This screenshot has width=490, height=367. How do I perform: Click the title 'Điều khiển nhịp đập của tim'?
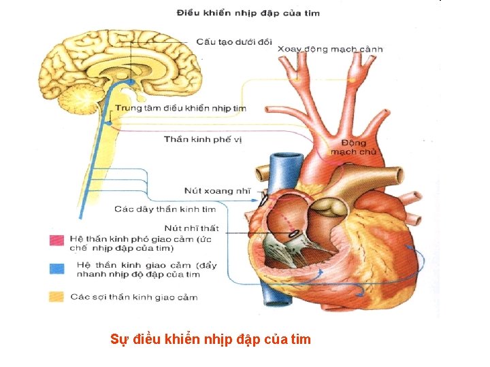(x=248, y=13)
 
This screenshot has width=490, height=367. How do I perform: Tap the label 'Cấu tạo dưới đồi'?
(x=233, y=41)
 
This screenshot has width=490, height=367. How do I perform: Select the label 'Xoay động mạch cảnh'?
(x=330, y=49)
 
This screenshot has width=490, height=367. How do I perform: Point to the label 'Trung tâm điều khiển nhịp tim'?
(x=180, y=108)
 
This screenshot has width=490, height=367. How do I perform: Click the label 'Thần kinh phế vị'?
(x=203, y=139)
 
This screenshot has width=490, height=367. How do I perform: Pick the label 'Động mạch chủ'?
(x=353, y=147)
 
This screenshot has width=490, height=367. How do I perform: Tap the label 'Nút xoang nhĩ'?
(x=217, y=191)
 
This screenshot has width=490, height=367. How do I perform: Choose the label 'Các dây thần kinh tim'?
(x=165, y=209)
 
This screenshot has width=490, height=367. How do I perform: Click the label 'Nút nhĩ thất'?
(x=191, y=228)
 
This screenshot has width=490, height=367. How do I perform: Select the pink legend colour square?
(x=56, y=240)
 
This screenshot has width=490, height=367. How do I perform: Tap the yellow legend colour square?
(x=56, y=297)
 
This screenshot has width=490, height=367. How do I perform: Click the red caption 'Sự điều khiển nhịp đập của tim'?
(x=210, y=338)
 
